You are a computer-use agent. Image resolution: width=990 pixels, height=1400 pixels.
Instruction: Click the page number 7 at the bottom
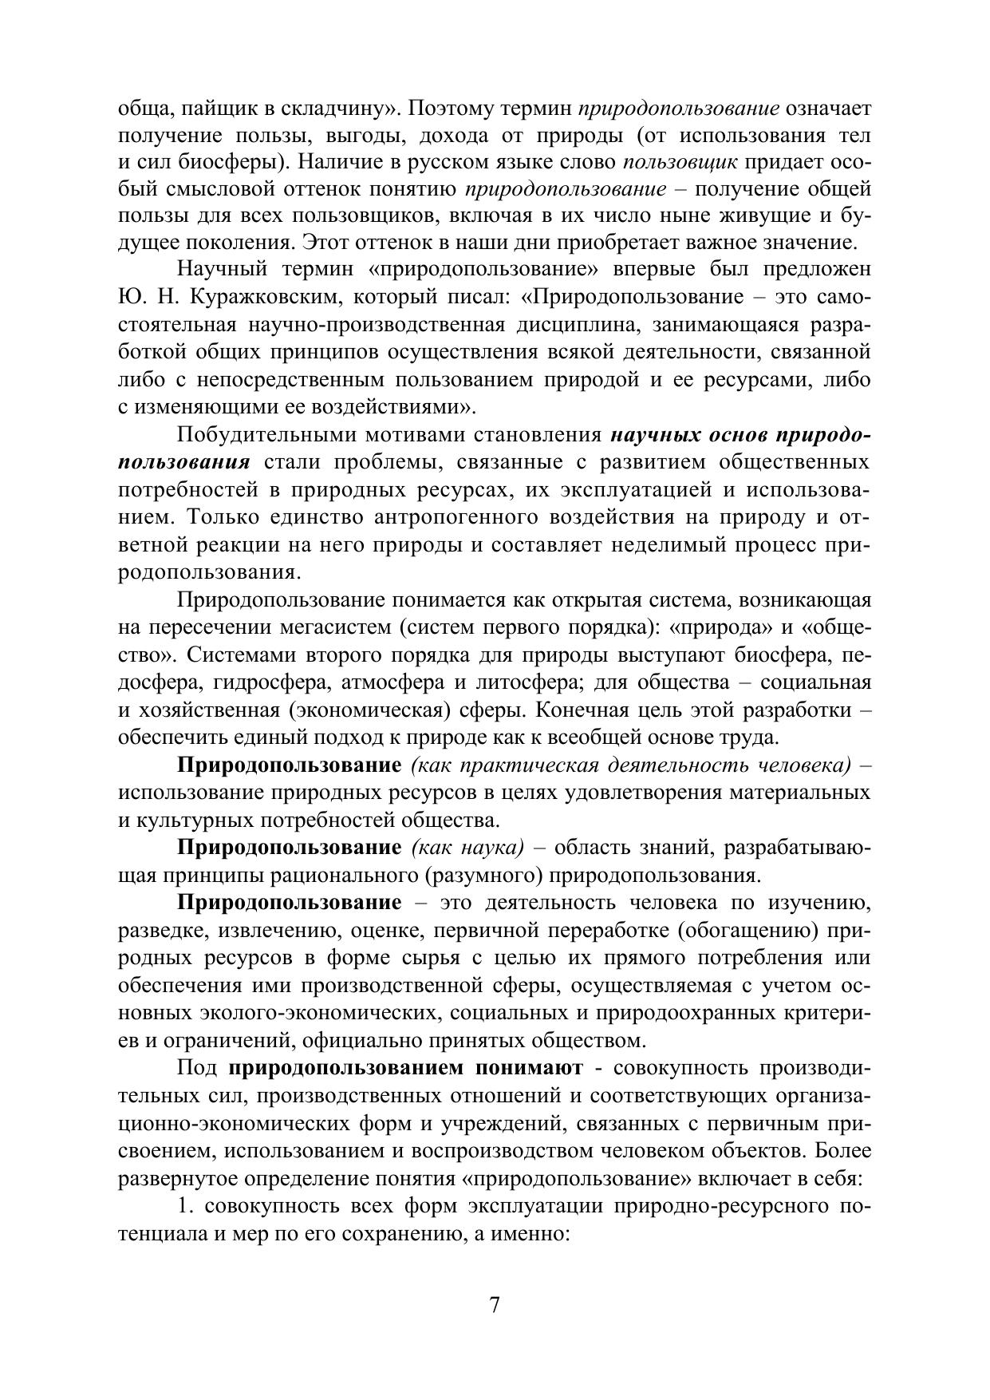click(x=495, y=1305)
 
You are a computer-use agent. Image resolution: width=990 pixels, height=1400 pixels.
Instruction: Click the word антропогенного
click(x=456, y=518)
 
